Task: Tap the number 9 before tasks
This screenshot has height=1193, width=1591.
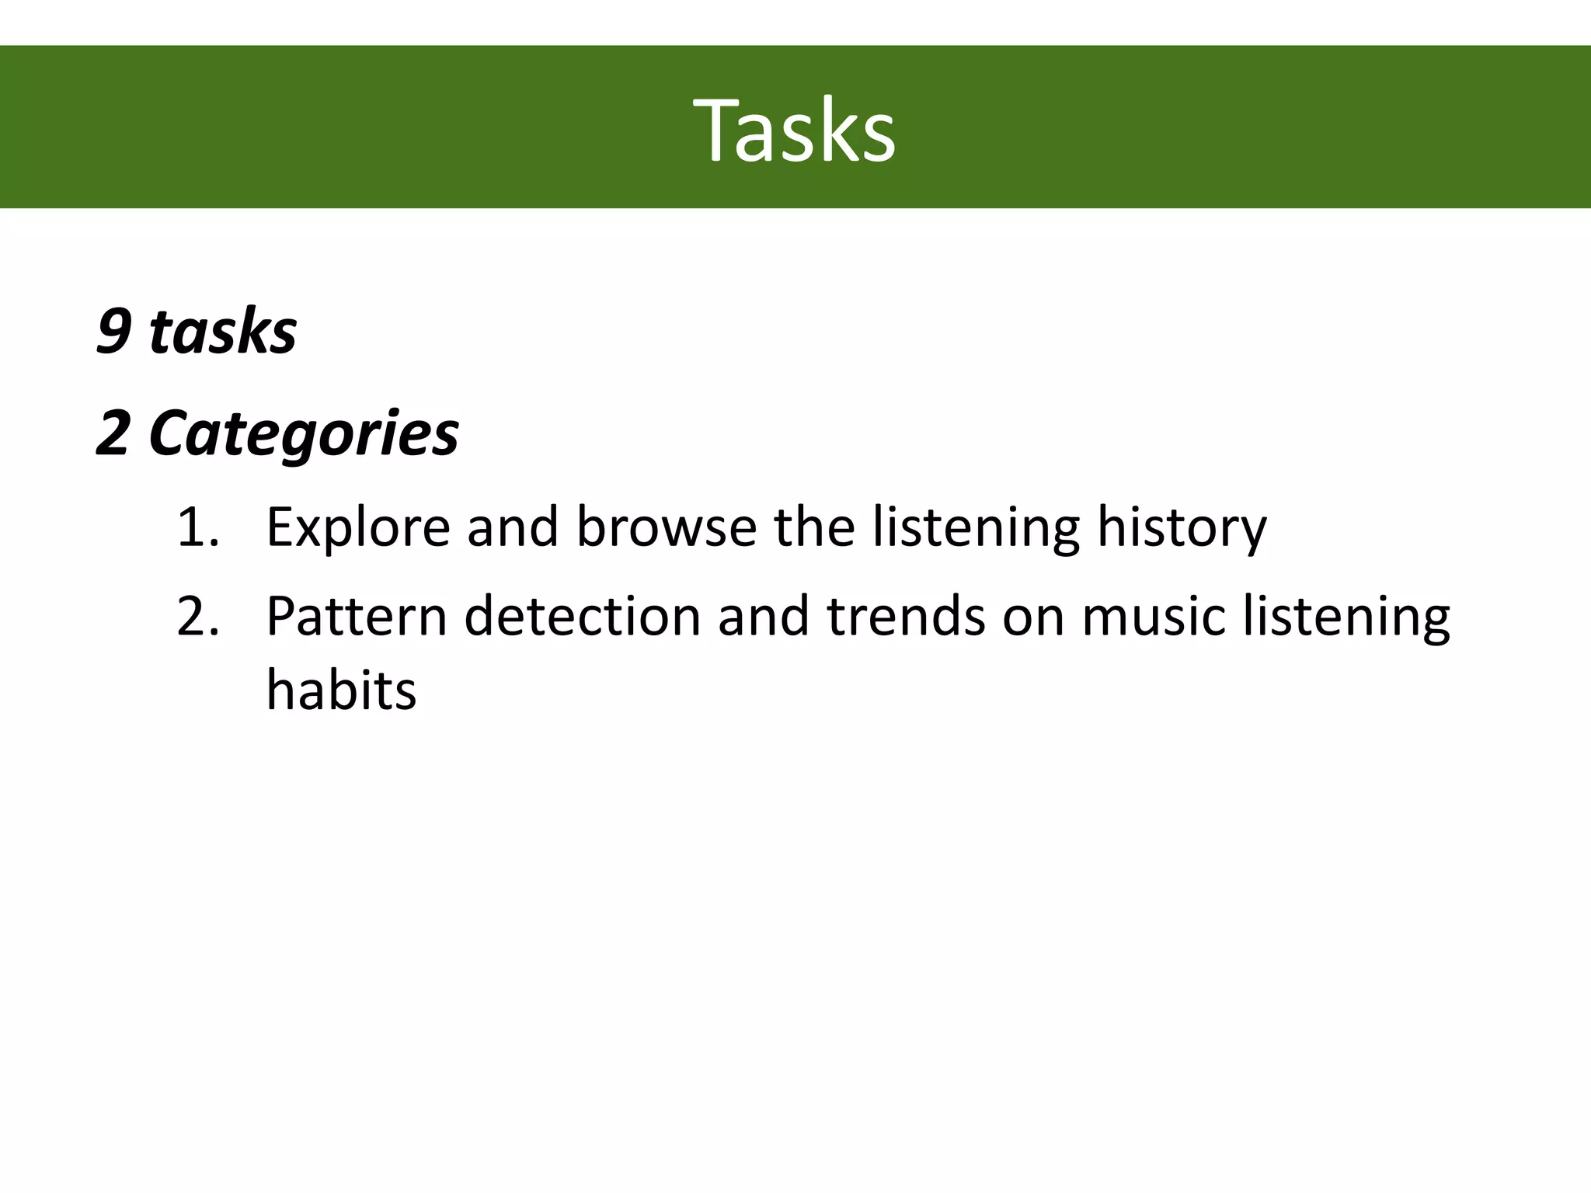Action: (x=113, y=332)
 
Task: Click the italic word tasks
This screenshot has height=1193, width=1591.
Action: (x=223, y=332)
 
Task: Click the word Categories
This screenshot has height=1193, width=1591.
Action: (x=304, y=433)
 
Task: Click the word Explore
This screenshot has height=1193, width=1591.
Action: (x=357, y=527)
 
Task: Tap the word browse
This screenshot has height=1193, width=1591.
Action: (x=666, y=527)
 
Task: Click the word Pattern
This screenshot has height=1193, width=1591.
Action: (x=357, y=616)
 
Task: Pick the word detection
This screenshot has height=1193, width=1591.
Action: (x=583, y=616)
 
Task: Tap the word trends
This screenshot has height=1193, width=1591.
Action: (x=906, y=616)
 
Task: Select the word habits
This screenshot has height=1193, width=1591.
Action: (x=341, y=690)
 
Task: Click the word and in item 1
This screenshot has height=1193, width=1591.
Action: (x=513, y=527)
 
